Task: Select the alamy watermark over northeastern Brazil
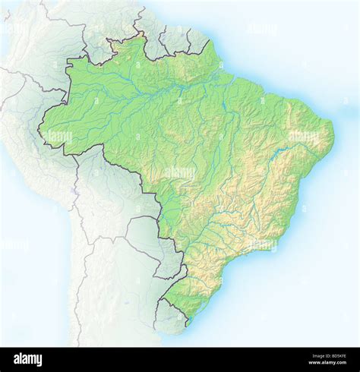pyautogui.click(x=303, y=137)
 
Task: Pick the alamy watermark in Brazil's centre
pyautogui.click(x=179, y=173)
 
